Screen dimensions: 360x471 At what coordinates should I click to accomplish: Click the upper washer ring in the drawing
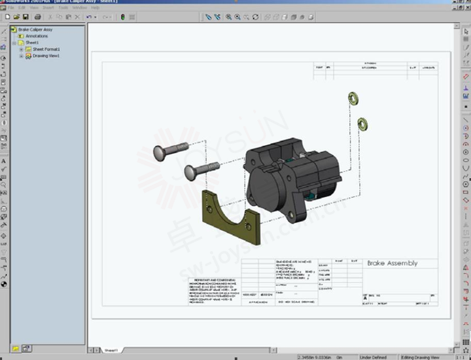tap(353, 98)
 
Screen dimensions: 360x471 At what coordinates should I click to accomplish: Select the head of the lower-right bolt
tap(191, 172)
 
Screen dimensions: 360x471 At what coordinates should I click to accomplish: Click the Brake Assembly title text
tap(392, 263)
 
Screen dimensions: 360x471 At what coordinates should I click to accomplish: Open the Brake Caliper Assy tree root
tap(36, 29)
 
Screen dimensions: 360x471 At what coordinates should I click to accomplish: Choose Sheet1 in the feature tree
tap(31, 43)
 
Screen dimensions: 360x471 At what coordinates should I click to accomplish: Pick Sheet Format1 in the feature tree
tap(45, 49)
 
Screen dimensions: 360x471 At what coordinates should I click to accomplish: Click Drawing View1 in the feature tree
tap(45, 56)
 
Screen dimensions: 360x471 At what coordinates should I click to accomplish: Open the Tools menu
tap(63, 7)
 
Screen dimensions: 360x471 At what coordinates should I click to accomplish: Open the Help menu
tap(97, 7)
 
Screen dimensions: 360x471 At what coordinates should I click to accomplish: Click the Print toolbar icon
tap(37, 16)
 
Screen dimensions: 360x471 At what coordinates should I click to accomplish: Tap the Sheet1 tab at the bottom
tap(111, 351)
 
